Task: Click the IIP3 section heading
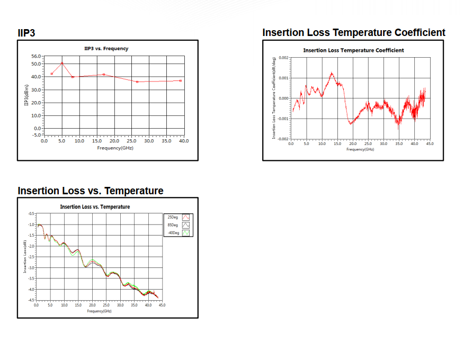point(26,33)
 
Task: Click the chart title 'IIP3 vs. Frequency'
point(106,49)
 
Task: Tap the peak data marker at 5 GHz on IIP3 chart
point(62,63)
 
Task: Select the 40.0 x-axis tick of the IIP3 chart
point(184,141)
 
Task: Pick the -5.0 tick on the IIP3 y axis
point(37,134)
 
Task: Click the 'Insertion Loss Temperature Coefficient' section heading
point(354,33)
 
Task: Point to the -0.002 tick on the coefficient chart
point(283,139)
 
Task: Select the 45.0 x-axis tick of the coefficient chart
point(429,144)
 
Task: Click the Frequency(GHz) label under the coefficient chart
point(360,149)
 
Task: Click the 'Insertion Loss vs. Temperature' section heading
point(91,191)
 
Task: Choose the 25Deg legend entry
point(173,217)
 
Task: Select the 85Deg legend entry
point(173,225)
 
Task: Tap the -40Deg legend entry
point(173,232)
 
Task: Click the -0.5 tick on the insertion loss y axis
point(31,213)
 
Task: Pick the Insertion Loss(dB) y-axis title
point(25,256)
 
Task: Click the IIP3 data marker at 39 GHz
point(181,80)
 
